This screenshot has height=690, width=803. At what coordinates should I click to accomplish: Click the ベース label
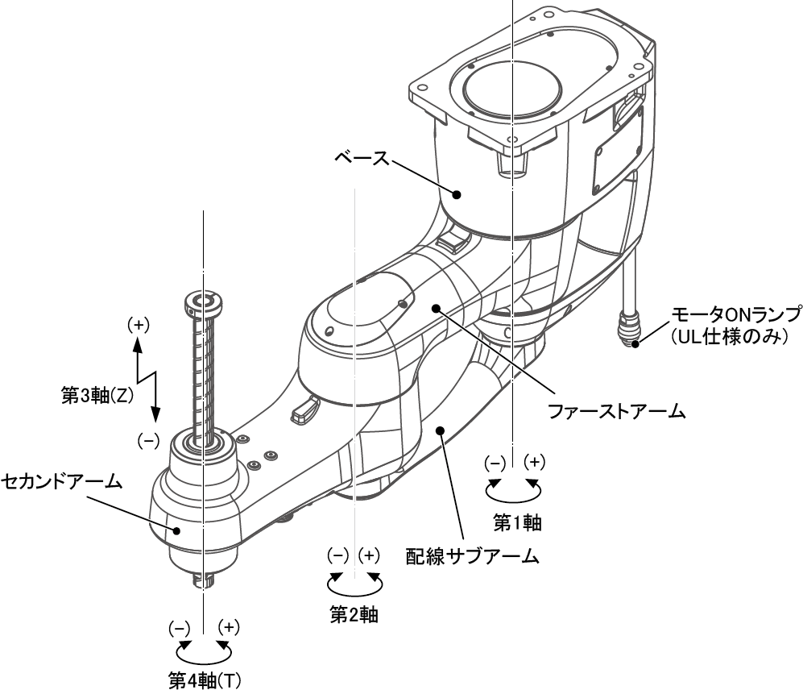[359, 153]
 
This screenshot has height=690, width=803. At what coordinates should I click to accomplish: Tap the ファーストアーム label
[615, 411]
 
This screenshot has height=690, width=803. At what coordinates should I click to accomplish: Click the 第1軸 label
[515, 523]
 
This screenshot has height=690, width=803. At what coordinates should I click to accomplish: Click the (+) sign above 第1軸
[534, 463]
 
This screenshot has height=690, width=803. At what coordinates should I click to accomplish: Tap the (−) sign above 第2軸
[337, 555]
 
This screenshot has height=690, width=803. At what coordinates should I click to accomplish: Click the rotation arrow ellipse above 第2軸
[354, 581]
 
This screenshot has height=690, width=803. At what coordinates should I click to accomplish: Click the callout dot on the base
[457, 194]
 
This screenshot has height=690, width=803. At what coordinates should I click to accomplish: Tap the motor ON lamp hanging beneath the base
[628, 326]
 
